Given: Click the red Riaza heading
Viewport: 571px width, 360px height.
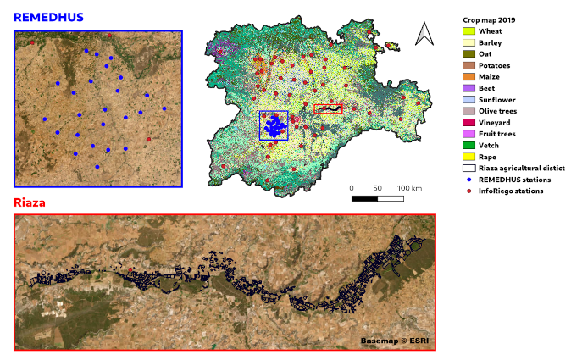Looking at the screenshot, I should [29, 203].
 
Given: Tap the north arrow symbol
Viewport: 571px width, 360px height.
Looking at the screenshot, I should [424, 34].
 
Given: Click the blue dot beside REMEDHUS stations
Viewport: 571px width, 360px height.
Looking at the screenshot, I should [468, 180].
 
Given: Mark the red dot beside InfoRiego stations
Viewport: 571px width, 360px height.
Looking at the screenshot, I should [468, 191].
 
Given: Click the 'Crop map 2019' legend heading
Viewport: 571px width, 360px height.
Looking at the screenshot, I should [489, 19].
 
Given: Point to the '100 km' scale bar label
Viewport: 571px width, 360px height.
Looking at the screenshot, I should [410, 187].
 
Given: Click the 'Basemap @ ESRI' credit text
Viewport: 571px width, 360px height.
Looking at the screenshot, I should [395, 340].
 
